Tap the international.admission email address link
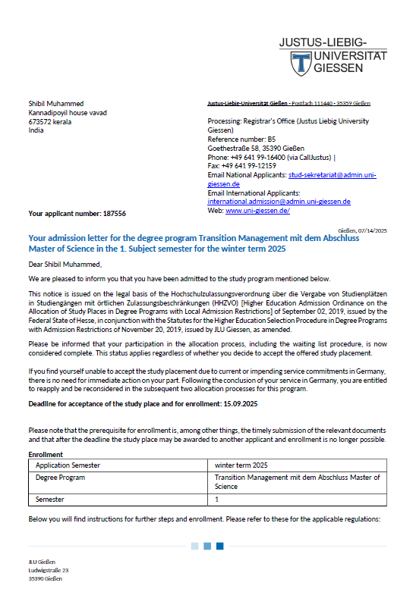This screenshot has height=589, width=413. click(279, 202)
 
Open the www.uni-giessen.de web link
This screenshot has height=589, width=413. click(257, 210)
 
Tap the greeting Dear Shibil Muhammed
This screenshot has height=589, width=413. click(65, 264)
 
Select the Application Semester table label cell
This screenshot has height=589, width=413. click(68, 464)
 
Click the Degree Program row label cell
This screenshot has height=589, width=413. click(60, 478)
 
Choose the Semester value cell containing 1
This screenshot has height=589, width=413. click(216, 500)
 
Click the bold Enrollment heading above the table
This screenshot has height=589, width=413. click(46, 454)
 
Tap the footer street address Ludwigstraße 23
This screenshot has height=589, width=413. click(49, 569)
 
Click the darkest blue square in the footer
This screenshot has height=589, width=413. click(220, 546)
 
